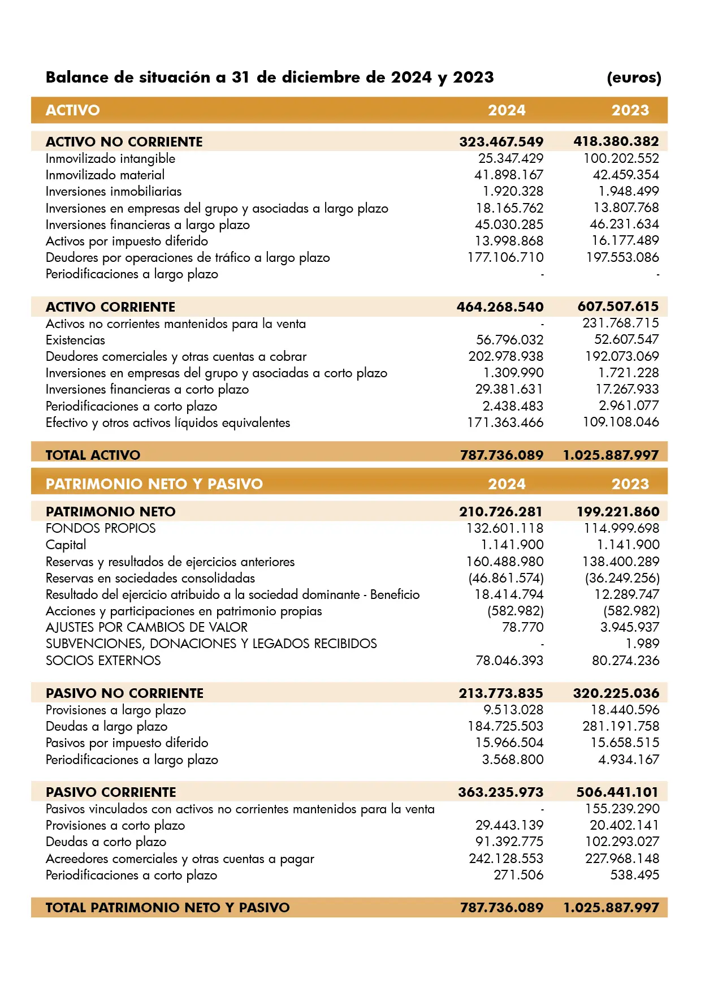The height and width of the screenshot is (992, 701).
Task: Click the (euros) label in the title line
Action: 634,77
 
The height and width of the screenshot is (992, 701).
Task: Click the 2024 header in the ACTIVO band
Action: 507,110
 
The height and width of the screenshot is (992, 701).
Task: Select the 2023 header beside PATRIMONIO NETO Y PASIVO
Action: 630,484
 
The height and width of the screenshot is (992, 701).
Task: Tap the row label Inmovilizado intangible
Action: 110,159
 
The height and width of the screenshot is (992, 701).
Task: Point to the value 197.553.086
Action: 622,257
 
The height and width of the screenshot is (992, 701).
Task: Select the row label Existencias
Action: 75,340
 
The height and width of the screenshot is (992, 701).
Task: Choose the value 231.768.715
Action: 621,323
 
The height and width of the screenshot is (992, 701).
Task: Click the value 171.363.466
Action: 505,422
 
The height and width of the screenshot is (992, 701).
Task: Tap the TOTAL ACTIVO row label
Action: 93,455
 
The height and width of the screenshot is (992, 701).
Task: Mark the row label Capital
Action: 66,545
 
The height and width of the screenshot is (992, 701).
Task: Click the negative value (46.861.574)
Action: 506,578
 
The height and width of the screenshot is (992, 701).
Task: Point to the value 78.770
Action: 522,627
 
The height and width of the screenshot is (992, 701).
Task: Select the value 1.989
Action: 642,644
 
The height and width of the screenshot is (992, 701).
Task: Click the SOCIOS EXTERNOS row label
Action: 103,661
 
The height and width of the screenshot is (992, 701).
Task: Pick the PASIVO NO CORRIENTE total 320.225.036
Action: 616,693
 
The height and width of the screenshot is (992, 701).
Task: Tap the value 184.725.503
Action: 505,726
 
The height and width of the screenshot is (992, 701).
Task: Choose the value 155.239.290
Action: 622,809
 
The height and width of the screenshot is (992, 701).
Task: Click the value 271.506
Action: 518,875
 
